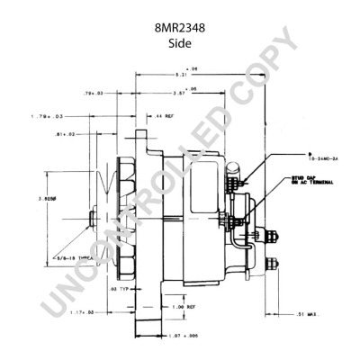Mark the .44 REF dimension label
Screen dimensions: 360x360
pyautogui.click(x=167, y=117)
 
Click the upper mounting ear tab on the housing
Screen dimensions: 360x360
pyautogui.click(x=140, y=135)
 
